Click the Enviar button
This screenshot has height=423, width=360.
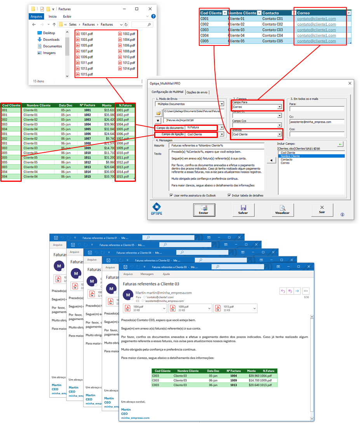point(204,210)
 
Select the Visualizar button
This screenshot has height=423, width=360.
point(282,210)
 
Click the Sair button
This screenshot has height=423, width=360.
point(322,210)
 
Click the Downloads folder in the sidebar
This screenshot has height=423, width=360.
point(51,40)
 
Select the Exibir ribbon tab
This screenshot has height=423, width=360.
point(67,17)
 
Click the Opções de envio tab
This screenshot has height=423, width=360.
point(197,92)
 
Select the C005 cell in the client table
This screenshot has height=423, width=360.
point(205,41)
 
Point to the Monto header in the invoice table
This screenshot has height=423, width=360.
point(106,105)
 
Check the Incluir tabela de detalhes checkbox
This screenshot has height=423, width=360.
point(230,195)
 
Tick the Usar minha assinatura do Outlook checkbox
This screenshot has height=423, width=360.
point(172,195)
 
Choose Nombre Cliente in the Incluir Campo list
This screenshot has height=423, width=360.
point(291,156)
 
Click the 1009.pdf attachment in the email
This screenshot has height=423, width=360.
point(190,308)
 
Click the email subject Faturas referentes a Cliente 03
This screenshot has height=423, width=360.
point(151,284)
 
